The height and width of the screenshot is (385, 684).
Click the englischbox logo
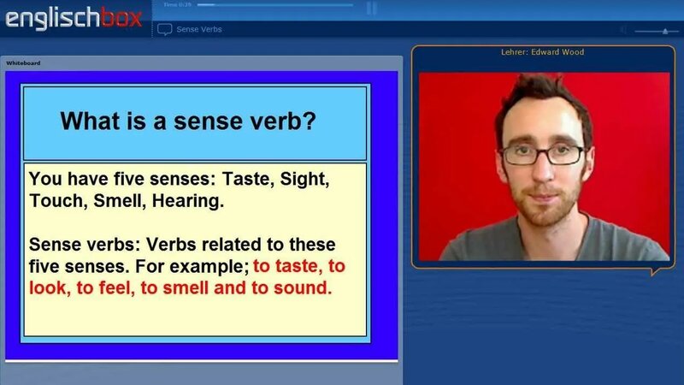(64, 18)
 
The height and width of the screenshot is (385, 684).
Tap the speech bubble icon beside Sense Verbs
(165, 29)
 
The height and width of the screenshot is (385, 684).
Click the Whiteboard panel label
(23, 63)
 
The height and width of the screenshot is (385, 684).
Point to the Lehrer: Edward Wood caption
(542, 52)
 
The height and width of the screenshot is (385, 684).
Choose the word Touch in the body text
(54, 202)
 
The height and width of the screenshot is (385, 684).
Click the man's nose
(541, 171)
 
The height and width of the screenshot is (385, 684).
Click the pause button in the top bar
(371, 8)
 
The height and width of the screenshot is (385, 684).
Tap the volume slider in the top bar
(659, 31)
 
